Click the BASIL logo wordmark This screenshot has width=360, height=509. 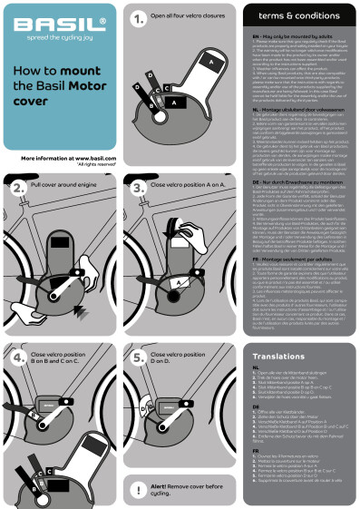click(x=57, y=27)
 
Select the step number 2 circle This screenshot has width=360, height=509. click(x=19, y=188)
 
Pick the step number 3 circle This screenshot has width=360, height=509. click(x=140, y=188)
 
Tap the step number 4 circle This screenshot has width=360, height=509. click(x=19, y=357)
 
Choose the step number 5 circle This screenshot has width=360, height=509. click(x=140, y=357)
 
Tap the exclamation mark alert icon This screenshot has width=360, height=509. click(x=140, y=489)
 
